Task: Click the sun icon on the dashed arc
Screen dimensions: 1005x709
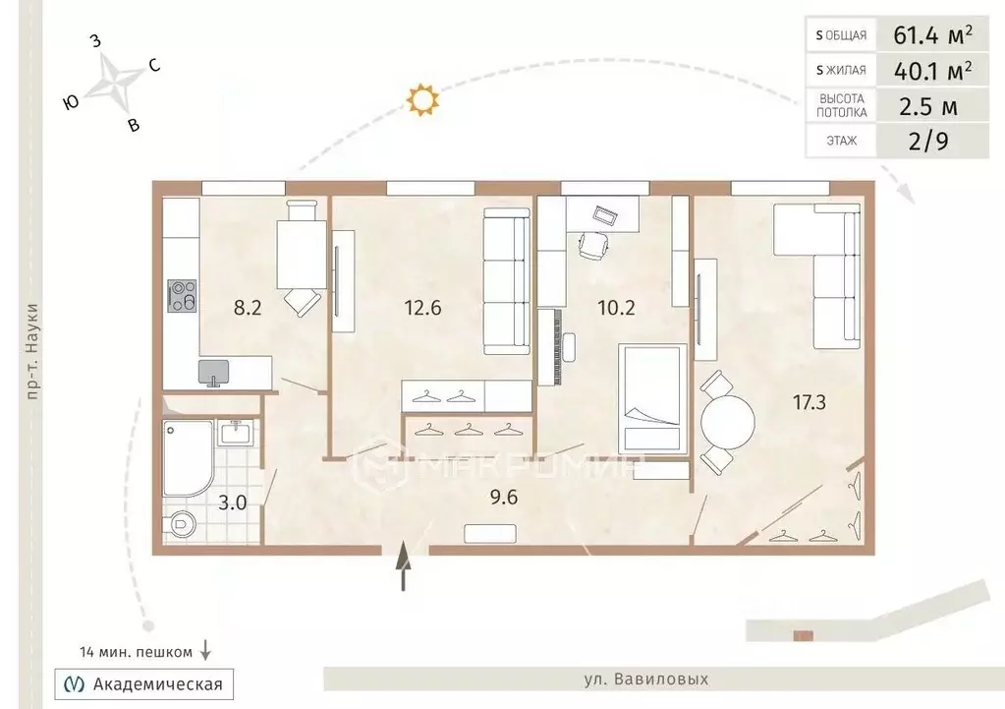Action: point(421,99)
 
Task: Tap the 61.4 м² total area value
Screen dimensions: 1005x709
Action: point(932,34)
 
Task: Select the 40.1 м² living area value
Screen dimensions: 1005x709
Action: point(932,70)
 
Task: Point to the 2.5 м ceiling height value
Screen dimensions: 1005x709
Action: point(928,106)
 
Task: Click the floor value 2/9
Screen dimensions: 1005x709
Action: point(928,141)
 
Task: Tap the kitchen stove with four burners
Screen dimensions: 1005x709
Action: point(182,296)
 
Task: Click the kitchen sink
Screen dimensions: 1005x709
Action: point(213,372)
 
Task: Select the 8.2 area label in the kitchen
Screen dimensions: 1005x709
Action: point(248,308)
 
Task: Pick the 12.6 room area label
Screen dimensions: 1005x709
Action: point(423,308)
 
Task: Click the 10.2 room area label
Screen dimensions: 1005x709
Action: point(617,308)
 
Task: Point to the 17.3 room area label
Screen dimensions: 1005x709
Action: point(810,403)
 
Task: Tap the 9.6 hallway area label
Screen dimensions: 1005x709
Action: point(504,498)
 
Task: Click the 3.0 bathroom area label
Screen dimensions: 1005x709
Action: point(232,502)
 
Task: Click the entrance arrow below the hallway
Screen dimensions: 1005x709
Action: point(403,564)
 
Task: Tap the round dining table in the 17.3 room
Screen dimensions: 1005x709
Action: point(728,423)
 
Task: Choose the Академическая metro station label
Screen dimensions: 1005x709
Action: point(157,684)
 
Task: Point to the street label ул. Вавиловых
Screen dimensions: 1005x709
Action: point(646,679)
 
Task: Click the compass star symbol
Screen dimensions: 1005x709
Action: point(113,81)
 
